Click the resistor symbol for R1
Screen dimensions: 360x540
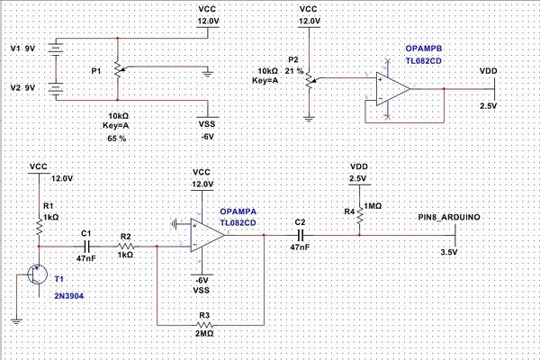pos(40,229)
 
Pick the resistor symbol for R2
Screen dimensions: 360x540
pos(127,244)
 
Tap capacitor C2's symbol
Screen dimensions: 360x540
pos(300,235)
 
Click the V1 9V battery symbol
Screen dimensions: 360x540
pos(56,50)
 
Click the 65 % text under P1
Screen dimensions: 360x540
pos(117,139)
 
